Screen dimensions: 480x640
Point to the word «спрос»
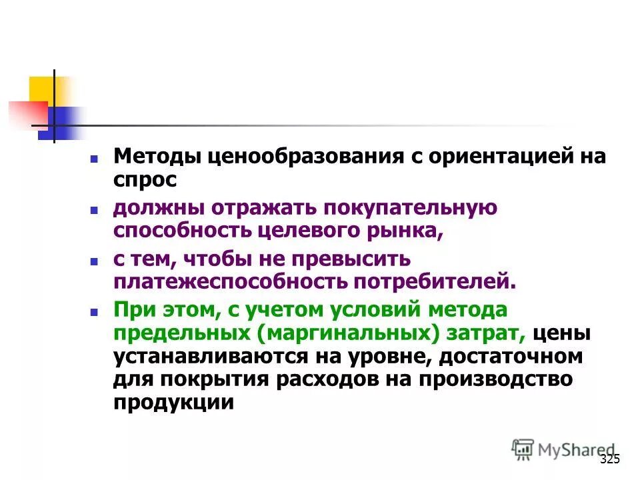(145, 179)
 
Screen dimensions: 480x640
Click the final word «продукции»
(174, 402)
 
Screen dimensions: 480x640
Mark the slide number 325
(609, 459)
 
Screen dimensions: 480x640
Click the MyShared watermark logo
(563, 449)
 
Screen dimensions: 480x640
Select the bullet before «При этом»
(95, 311)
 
